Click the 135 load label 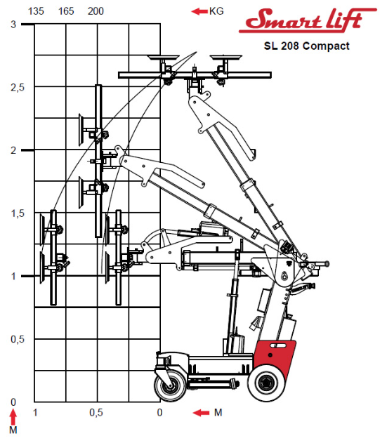[x=36, y=11]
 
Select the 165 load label [x=66, y=11]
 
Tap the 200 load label [x=96, y=11]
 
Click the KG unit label [x=216, y=11]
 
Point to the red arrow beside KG [x=199, y=11]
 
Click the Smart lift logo [x=308, y=20]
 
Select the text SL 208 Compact [x=307, y=46]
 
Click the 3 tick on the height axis [x=13, y=25]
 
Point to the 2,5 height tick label [x=18, y=88]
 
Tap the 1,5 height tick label [x=18, y=213]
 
